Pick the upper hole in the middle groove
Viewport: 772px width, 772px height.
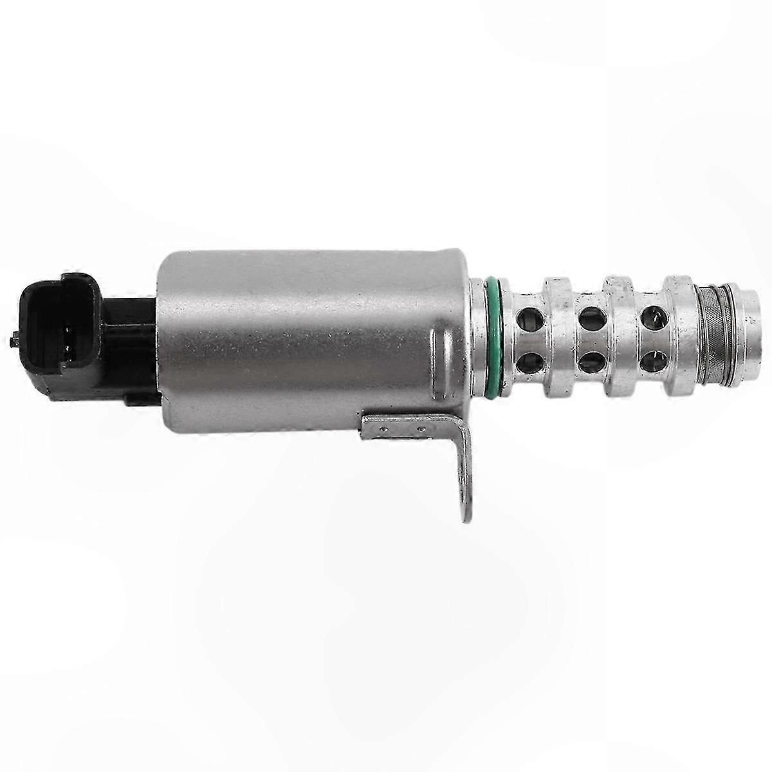tap(589, 316)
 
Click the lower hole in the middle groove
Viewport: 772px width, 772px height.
tap(589, 363)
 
